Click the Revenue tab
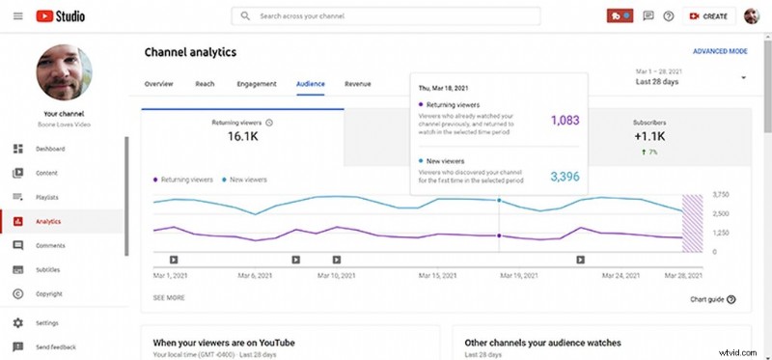[x=357, y=84]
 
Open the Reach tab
[x=205, y=84]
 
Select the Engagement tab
[x=257, y=84]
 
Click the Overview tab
[x=159, y=84]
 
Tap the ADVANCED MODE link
[x=720, y=51]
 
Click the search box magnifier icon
[x=246, y=16]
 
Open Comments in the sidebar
[x=50, y=245]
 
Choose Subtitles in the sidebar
[x=49, y=269]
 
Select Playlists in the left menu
[x=49, y=197]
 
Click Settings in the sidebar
[x=48, y=322]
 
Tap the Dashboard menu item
[x=51, y=149]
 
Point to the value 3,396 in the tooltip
[x=565, y=176]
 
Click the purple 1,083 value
[x=565, y=121]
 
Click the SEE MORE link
[x=169, y=298]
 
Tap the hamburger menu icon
[x=18, y=16]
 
